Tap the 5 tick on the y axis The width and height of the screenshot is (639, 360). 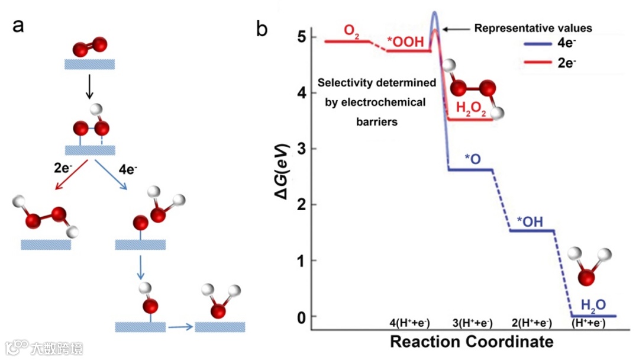click(x=301, y=37)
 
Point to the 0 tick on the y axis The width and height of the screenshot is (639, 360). click(x=301, y=317)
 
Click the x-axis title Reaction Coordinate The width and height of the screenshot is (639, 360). click(x=472, y=342)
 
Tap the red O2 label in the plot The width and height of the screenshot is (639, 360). click(x=351, y=32)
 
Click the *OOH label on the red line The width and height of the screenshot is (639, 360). click(x=406, y=42)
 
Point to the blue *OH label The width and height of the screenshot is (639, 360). click(x=530, y=221)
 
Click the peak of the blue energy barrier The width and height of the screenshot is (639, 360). click(x=434, y=12)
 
